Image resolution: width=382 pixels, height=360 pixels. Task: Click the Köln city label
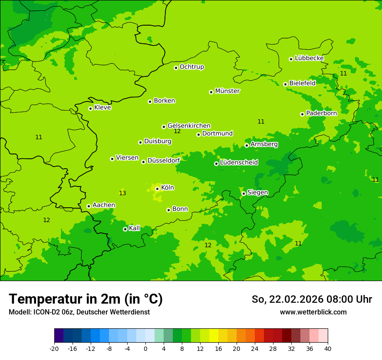[x=168, y=188]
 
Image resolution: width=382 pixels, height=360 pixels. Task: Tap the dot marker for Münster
[x=211, y=92]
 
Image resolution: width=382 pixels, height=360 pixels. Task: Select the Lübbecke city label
[x=309, y=58]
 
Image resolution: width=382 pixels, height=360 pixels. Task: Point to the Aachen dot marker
[x=89, y=206]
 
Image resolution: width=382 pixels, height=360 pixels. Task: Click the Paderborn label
[x=321, y=113]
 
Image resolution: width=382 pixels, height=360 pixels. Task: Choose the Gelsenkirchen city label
[x=189, y=126]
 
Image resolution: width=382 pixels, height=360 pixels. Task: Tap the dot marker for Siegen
[x=244, y=193]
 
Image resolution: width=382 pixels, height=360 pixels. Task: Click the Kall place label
[x=135, y=228]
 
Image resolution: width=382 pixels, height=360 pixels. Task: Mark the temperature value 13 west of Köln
[x=122, y=193]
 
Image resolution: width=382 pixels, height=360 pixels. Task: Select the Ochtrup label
[x=191, y=67]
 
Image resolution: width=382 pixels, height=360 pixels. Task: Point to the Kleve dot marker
[x=91, y=108]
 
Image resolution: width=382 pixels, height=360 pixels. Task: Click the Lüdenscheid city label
[x=239, y=163]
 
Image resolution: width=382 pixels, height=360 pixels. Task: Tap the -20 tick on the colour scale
[x=54, y=349]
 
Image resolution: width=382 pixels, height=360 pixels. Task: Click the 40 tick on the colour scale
[x=328, y=349]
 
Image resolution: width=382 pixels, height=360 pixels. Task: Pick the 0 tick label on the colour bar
[x=145, y=349]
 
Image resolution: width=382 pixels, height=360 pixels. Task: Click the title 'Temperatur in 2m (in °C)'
[x=86, y=299]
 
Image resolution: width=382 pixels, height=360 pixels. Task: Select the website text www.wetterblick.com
[x=313, y=312]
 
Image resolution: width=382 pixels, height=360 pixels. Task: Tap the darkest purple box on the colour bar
[x=59, y=336]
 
